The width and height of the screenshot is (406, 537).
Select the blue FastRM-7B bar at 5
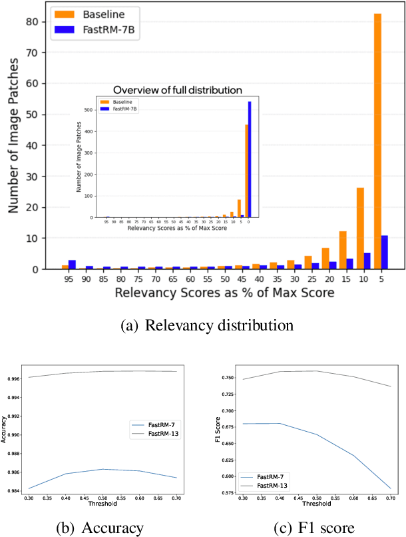(384, 253)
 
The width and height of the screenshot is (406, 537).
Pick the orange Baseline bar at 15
(343, 250)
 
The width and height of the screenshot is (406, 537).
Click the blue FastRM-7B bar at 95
(72, 265)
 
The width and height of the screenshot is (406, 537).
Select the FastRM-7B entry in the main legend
(86, 30)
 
